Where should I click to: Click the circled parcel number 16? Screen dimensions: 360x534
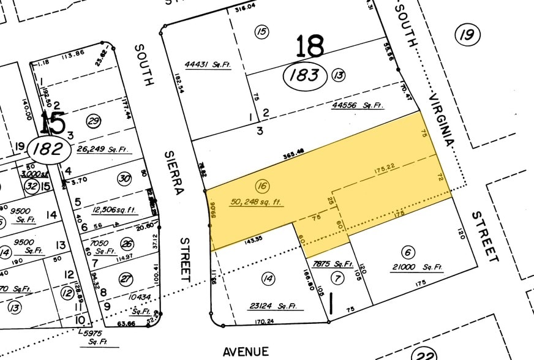(264, 186)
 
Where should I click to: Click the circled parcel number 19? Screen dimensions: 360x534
(467, 34)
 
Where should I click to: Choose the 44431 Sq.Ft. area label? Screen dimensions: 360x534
(208, 65)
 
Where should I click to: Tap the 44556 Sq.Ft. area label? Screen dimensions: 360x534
(358, 105)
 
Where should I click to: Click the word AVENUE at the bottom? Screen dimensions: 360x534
(245, 351)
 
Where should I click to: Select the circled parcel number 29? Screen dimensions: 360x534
(94, 121)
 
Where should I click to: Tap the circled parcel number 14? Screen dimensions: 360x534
(268, 279)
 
